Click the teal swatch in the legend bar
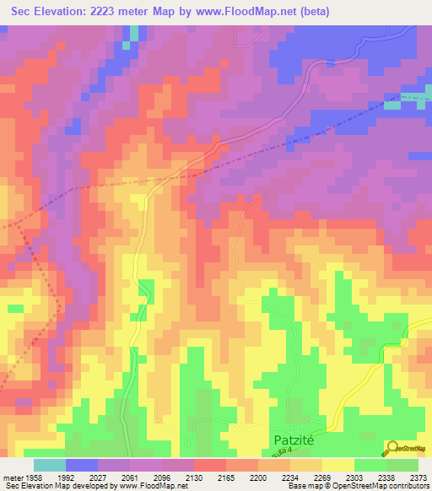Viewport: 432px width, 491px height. pyautogui.click(x=49, y=465)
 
